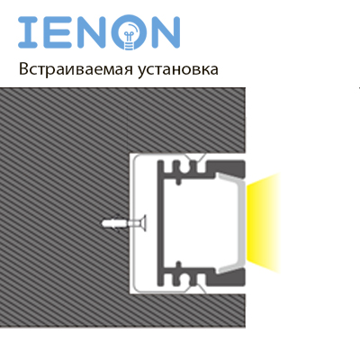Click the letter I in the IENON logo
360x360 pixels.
pyautogui.click(x=28, y=32)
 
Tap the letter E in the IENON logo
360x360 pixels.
pyautogui.click(x=58, y=32)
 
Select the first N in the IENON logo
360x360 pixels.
pyautogui.click(x=92, y=32)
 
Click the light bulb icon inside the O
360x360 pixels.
pyautogui.click(x=130, y=36)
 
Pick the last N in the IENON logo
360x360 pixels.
pyautogui.click(x=166, y=32)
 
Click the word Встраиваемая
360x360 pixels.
pyautogui.click(x=76, y=69)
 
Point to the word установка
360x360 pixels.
pyautogui.click(x=178, y=70)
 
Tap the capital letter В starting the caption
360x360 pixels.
pyautogui.click(x=23, y=69)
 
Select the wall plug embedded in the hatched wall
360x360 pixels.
pyautogui.click(x=114, y=224)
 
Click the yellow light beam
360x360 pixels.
pyautogui.click(x=263, y=223)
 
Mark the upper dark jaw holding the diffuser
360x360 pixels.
pyautogui.click(x=227, y=169)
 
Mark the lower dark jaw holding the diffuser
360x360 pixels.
pyautogui.click(x=227, y=277)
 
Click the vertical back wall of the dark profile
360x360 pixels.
pyautogui.click(x=161, y=223)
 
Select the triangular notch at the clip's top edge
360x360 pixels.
pyautogui.click(x=195, y=157)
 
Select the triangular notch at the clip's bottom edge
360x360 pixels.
pyautogui.click(x=195, y=289)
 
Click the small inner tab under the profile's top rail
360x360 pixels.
pyautogui.click(x=179, y=181)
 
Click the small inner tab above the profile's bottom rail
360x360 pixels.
pyautogui.click(x=179, y=265)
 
